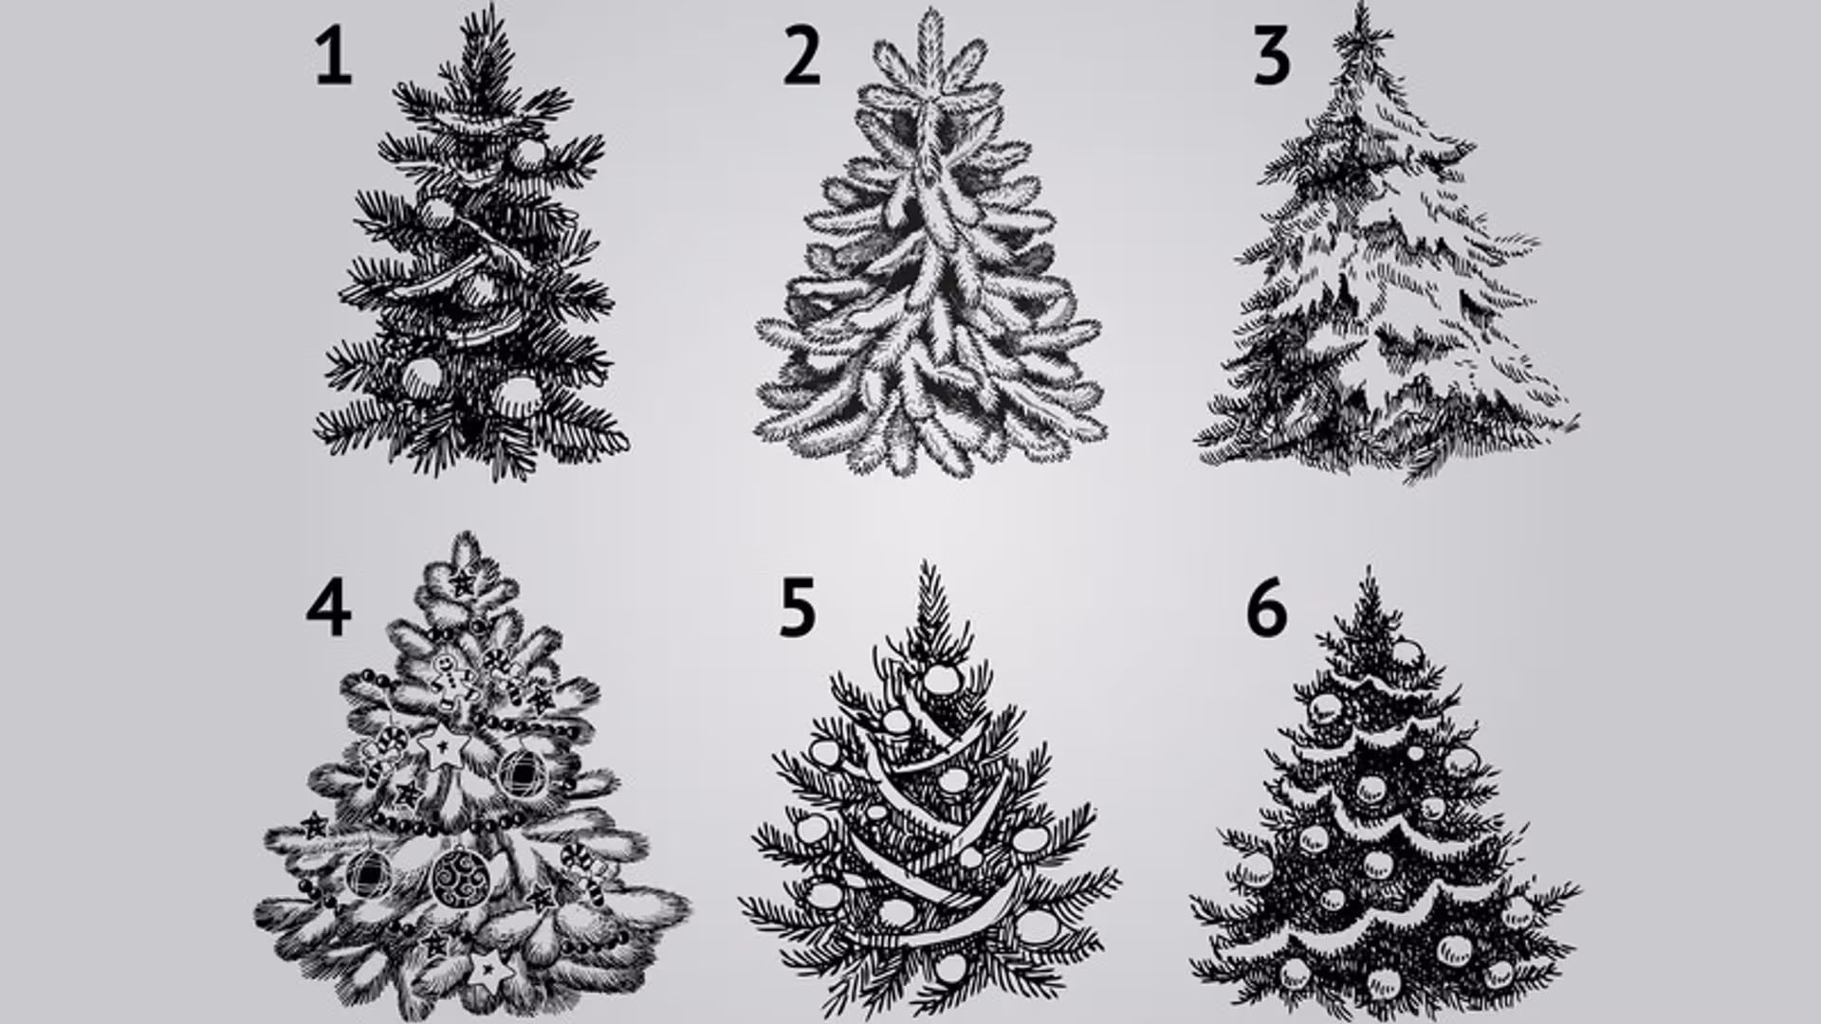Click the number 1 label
(x=333, y=57)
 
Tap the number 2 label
(x=801, y=57)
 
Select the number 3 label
(x=1272, y=57)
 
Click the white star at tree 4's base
(x=491, y=969)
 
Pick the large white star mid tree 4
(x=443, y=747)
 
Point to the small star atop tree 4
(x=463, y=581)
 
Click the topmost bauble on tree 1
(x=529, y=155)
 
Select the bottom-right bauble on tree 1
(x=515, y=397)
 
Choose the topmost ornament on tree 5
(x=940, y=679)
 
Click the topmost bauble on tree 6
(x=1407, y=653)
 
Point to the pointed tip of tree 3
(x=1363, y=6)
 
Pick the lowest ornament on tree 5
(x=951, y=968)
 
